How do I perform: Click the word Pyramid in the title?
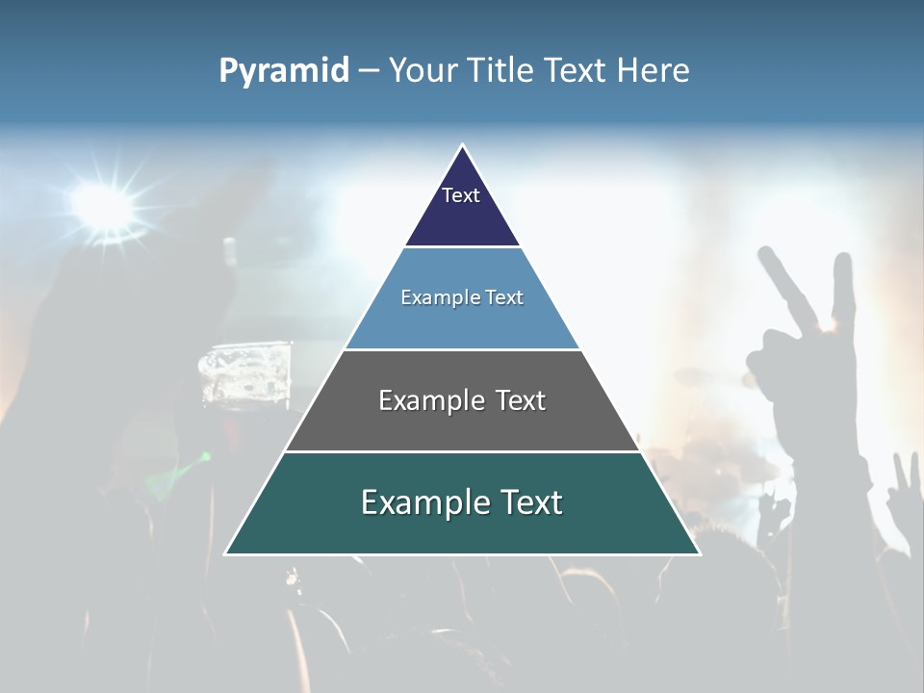click(284, 71)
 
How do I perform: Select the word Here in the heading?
click(653, 71)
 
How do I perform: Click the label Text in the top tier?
click(461, 195)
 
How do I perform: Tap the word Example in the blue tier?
click(434, 298)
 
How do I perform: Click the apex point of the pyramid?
click(462, 145)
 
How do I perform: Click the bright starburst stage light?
click(101, 204)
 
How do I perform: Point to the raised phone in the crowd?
click(245, 375)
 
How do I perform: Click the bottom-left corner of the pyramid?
click(226, 553)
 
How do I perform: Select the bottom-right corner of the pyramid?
click(699, 553)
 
